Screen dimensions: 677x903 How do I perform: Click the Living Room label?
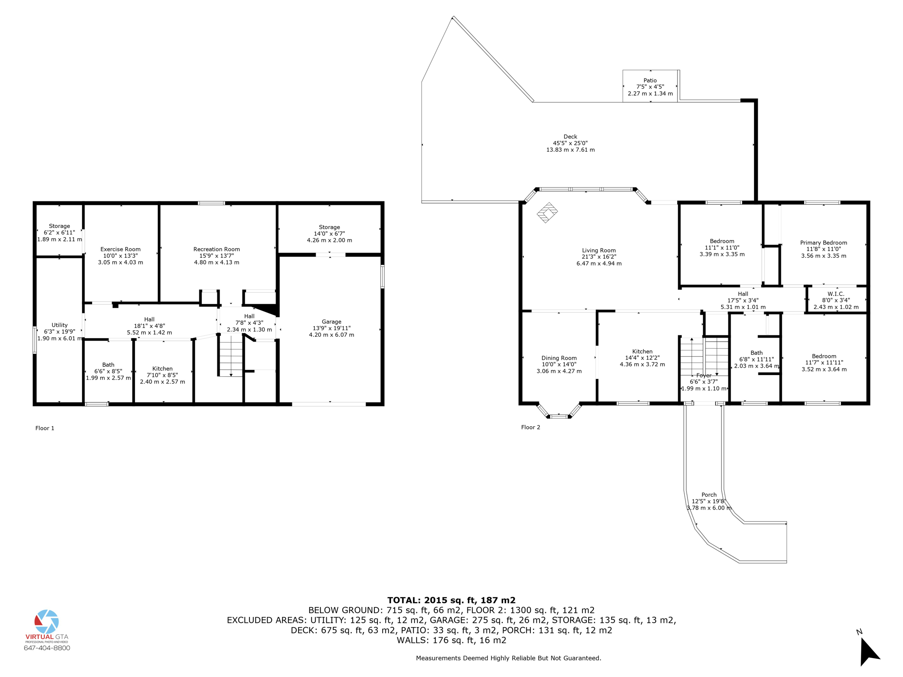coord(598,250)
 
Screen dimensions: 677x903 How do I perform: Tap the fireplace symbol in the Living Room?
coord(547,212)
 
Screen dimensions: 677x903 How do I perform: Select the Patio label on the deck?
coord(650,80)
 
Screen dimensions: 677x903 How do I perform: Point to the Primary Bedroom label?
coord(823,242)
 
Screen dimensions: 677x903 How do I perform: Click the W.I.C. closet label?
coord(836,294)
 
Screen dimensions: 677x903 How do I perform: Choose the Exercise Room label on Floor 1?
coord(120,249)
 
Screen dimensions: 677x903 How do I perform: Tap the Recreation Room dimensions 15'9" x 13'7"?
coord(216,256)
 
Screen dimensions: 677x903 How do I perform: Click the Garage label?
coord(331,322)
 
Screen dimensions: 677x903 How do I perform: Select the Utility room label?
coord(60,325)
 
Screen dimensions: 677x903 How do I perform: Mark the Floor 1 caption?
coord(45,428)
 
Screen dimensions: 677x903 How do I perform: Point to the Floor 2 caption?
coord(530,427)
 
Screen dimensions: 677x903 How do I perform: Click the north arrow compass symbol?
coord(869,651)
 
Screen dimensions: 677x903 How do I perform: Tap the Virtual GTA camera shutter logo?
coord(47,621)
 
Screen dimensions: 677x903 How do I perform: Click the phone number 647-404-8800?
coord(47,648)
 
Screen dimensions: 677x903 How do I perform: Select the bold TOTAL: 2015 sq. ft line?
coord(451,600)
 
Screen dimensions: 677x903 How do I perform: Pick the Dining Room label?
coord(559,358)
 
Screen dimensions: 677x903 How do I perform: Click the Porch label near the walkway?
coord(709,495)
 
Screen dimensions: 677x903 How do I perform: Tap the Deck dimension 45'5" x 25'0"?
coord(570,143)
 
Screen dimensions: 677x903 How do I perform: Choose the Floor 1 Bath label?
coord(108,365)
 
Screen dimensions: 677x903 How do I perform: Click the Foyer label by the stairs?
coord(704,376)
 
